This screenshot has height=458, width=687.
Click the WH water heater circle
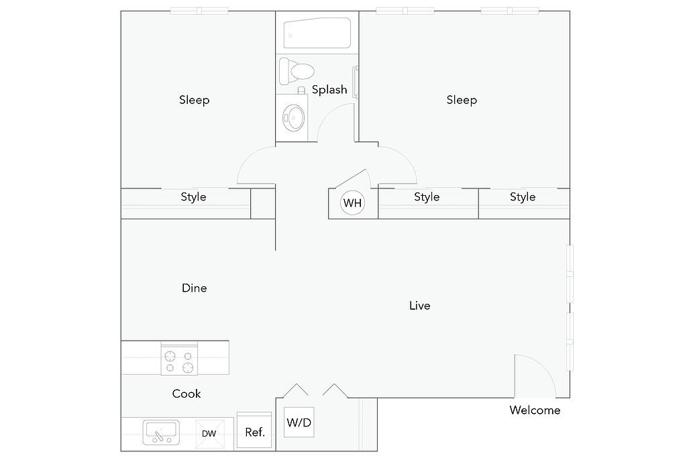[x=352, y=203]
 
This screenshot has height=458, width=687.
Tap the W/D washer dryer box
[x=299, y=422]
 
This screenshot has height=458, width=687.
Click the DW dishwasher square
[x=209, y=433]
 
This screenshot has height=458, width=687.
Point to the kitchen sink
[x=161, y=433]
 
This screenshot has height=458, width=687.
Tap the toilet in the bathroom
[x=297, y=71]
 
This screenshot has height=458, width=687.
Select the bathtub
[x=317, y=33]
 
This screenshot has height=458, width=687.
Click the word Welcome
[x=535, y=410]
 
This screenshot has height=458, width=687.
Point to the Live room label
[x=420, y=306]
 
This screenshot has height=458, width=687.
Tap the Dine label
[x=194, y=288]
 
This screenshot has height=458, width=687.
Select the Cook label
[x=187, y=394]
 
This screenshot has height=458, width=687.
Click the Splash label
[x=329, y=90]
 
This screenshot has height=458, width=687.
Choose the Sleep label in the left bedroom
[x=194, y=101]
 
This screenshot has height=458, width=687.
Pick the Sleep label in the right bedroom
[x=462, y=101]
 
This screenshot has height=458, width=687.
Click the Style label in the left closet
[x=193, y=197]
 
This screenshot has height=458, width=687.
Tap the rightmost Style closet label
[x=523, y=197]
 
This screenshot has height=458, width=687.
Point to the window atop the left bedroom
[x=199, y=11]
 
